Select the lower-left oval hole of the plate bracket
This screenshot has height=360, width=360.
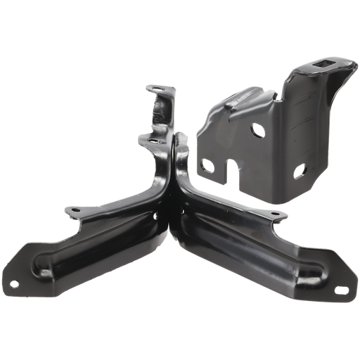[x=207, y=166]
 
